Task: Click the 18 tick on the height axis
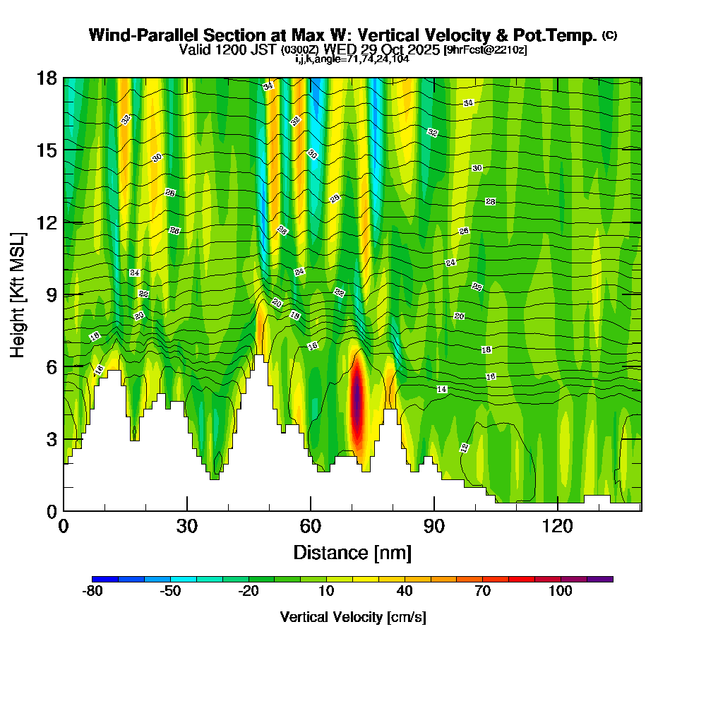(47, 78)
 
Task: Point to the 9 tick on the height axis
(51, 294)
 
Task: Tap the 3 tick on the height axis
(51, 438)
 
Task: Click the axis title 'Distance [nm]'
(352, 551)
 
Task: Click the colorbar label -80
(92, 592)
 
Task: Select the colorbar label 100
(561, 592)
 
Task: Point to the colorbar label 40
(405, 592)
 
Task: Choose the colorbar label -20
(249, 592)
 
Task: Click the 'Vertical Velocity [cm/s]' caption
(352, 617)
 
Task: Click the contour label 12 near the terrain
(464, 447)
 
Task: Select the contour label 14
(442, 389)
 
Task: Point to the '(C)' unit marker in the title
(610, 35)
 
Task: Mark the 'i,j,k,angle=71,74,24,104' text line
(352, 59)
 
